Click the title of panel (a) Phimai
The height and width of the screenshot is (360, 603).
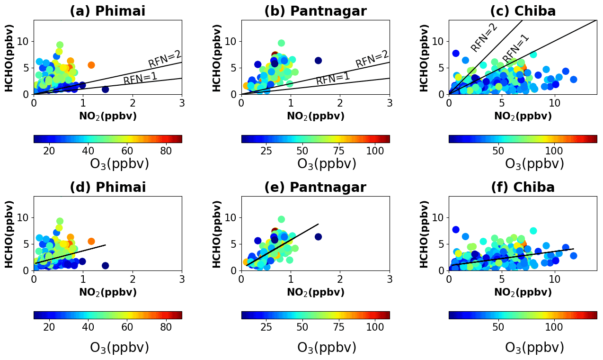(x=107, y=11)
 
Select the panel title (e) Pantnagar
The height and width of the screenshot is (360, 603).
(x=315, y=188)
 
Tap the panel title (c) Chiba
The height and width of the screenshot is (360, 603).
(x=523, y=11)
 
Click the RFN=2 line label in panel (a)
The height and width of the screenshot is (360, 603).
(x=165, y=59)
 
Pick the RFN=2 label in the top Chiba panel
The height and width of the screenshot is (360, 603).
(x=484, y=37)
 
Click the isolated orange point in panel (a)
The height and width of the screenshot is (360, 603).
(x=91, y=65)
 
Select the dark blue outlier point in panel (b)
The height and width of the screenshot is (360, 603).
(x=318, y=61)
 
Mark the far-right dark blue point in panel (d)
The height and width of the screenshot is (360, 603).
(x=105, y=265)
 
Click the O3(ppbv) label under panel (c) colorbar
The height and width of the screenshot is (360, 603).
(x=534, y=164)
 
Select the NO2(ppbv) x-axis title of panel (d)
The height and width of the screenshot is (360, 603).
(x=107, y=292)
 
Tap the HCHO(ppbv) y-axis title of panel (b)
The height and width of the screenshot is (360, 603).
(x=216, y=57)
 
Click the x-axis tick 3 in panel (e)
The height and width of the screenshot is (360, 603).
(x=390, y=279)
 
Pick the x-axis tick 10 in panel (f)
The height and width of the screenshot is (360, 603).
(x=555, y=279)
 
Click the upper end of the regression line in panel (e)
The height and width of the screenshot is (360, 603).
(x=319, y=224)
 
